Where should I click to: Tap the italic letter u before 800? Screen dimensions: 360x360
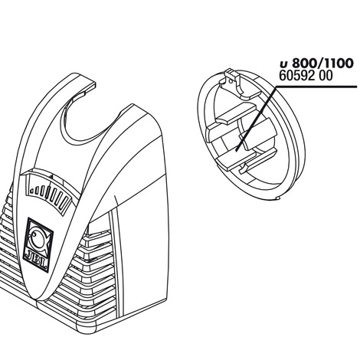(283, 64)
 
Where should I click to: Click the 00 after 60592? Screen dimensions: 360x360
(326, 76)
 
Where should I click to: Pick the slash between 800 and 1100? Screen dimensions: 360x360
(316, 64)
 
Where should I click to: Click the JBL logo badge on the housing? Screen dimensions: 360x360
(38, 244)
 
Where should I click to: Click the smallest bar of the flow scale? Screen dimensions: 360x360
(31, 191)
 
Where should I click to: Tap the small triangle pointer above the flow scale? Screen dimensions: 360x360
(51, 176)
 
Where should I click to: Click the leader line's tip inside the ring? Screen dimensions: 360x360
(236, 150)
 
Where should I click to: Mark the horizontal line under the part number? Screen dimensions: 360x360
(316, 87)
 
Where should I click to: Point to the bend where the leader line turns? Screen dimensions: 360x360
(277, 87)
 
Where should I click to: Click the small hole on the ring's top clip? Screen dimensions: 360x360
(231, 81)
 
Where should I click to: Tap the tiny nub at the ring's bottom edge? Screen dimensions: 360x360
(278, 198)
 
